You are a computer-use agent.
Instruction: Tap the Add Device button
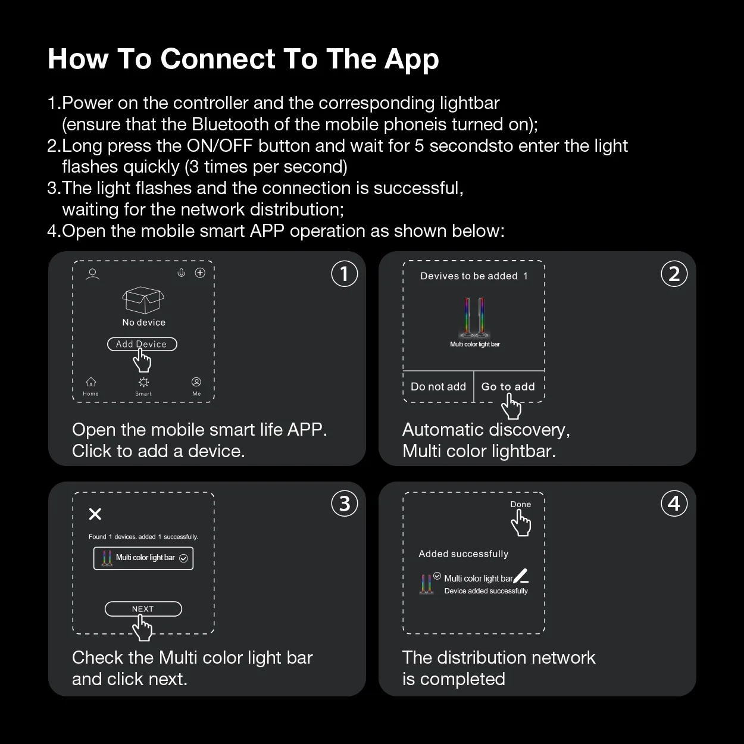pos(142,344)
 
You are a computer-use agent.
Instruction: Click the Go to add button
pos(508,386)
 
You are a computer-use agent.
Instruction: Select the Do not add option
pos(438,386)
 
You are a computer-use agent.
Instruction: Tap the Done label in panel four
pos(520,504)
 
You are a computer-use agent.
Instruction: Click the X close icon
pos(95,514)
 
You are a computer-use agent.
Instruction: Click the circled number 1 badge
pos(344,274)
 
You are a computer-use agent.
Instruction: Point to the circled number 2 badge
pos(674,274)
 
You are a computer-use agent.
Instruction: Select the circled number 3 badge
pos(344,504)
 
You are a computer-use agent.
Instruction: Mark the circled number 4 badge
pos(674,504)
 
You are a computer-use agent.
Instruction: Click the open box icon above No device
pos(143,299)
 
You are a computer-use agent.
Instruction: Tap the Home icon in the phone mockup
pos(91,382)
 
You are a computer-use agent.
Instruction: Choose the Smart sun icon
pos(143,382)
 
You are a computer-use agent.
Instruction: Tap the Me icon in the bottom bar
pos(196,382)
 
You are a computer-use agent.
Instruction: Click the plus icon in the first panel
pos(200,273)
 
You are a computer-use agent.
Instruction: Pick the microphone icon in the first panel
pos(182,273)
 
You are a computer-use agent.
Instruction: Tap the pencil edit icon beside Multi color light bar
pos(520,576)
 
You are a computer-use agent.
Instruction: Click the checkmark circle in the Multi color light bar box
pos(183,558)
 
